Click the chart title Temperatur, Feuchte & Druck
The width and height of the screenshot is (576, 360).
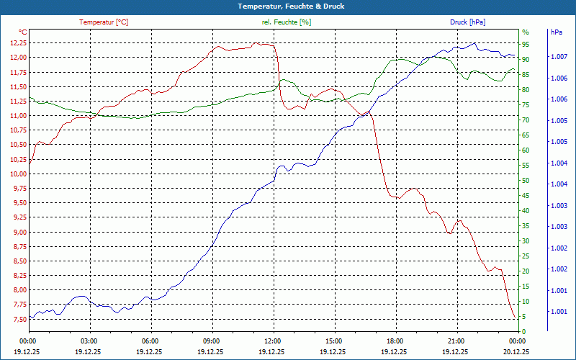point(288,6)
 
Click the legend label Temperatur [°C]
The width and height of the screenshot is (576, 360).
point(104,22)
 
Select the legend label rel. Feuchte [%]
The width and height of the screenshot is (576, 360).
point(287,22)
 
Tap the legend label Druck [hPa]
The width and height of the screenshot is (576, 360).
point(467,22)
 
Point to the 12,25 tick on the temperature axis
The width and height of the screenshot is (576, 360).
point(18,43)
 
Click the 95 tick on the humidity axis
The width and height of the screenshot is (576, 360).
point(526,43)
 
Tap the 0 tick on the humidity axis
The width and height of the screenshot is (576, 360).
point(524,332)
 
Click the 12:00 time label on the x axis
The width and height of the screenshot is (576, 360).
point(273,341)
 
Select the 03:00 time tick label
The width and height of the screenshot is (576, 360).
point(89,341)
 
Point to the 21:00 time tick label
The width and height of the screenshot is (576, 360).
point(456,341)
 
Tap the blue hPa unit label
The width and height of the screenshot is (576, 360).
point(556,32)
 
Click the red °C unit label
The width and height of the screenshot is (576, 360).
point(22,32)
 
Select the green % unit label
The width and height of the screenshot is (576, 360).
point(525,32)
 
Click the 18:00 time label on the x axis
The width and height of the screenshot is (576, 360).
point(395,341)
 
